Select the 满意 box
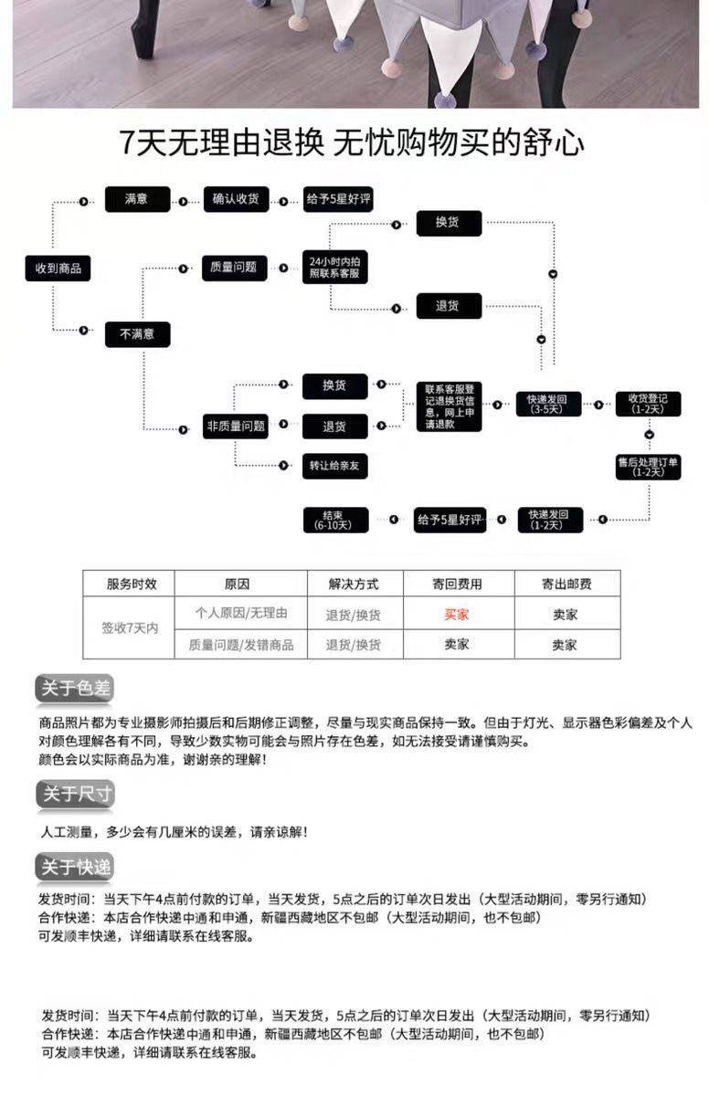pos(137,199)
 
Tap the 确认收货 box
pos(236,199)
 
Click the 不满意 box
pos(137,334)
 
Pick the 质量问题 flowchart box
pos(234,268)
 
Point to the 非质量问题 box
pos(236,426)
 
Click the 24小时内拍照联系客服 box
pos(333,267)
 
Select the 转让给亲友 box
pos(334,466)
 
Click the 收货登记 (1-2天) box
pos(648,403)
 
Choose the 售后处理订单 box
pos(648,466)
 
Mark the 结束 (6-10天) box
pos(334,519)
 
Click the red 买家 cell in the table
pos(457,615)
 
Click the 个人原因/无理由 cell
pos(241,614)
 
